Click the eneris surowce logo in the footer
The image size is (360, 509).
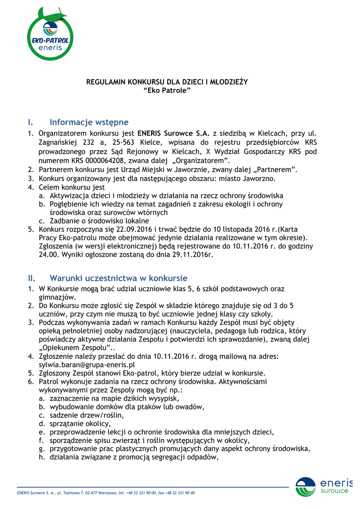click(324, 487)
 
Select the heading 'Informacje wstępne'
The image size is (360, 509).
click(89, 122)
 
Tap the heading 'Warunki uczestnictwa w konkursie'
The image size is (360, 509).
click(118, 278)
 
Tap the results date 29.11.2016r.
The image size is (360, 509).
click(191, 254)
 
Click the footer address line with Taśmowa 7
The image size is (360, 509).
click(106, 493)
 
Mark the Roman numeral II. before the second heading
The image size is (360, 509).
click(32, 278)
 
